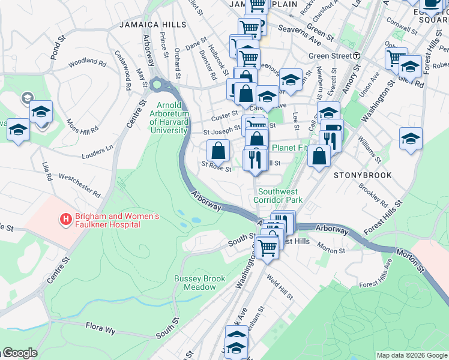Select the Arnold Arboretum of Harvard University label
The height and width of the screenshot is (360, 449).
[x=170, y=118]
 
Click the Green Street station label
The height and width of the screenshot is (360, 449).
[x=330, y=56]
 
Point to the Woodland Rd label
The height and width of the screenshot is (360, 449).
[x=87, y=61]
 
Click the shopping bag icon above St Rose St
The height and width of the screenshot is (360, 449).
[x=218, y=149]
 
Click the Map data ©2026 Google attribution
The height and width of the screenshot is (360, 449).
[x=412, y=355]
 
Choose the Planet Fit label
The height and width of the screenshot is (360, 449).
[x=289, y=148]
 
